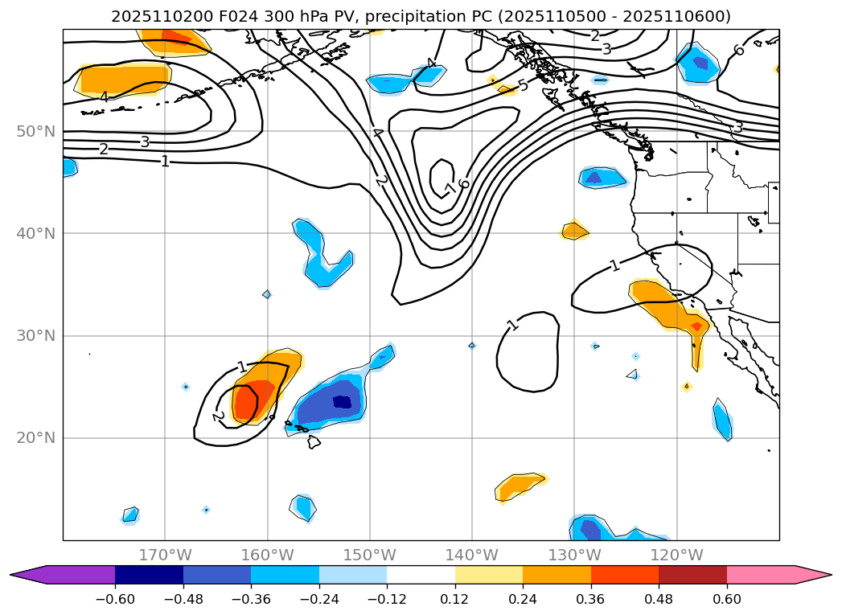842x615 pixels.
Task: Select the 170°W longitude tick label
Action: [x=165, y=555]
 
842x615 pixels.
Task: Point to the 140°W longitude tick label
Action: [x=471, y=555]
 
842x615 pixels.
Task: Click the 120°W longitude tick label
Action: [x=676, y=555]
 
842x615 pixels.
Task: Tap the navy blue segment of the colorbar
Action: [x=149, y=575]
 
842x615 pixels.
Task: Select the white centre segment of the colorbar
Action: [x=421, y=575]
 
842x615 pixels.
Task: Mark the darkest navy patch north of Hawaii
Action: [x=342, y=401]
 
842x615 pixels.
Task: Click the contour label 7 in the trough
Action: [x=450, y=190]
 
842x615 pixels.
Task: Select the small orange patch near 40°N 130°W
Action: [x=574, y=232]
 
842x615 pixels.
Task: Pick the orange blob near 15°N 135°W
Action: [x=520, y=485]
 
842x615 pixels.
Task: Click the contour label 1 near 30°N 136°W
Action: [x=512, y=325]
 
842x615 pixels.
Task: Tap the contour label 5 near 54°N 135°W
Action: [x=523, y=85]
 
